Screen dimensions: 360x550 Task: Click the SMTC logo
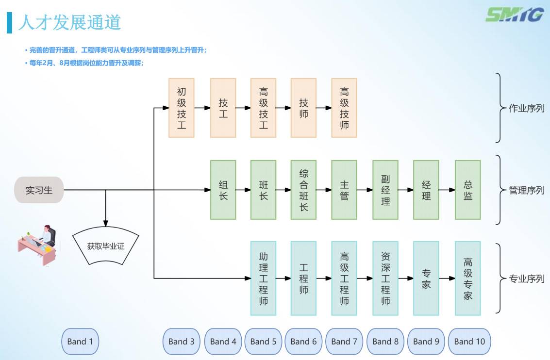[x=515, y=15]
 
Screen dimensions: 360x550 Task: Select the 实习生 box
[x=39, y=190]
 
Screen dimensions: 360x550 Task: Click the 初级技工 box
[x=182, y=108]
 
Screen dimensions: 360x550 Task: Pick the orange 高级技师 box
[x=344, y=108]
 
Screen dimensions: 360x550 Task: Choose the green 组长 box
[x=223, y=190]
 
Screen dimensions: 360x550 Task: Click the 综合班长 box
[x=304, y=190]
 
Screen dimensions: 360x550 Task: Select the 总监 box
[x=467, y=190]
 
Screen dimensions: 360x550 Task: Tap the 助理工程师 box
[x=264, y=278]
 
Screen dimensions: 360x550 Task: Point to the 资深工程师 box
[x=385, y=278]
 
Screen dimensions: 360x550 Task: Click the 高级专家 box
[x=467, y=278]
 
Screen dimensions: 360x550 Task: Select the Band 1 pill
[x=80, y=342]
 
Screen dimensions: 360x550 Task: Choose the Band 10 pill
[x=469, y=342]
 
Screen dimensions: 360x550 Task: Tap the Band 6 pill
[x=303, y=342]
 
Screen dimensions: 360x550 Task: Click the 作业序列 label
[x=527, y=108]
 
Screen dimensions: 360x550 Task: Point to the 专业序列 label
[x=527, y=279]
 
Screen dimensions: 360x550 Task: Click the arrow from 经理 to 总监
[x=447, y=190]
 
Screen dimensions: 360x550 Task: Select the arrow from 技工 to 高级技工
[x=243, y=108]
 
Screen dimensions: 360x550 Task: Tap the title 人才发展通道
[x=69, y=22]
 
